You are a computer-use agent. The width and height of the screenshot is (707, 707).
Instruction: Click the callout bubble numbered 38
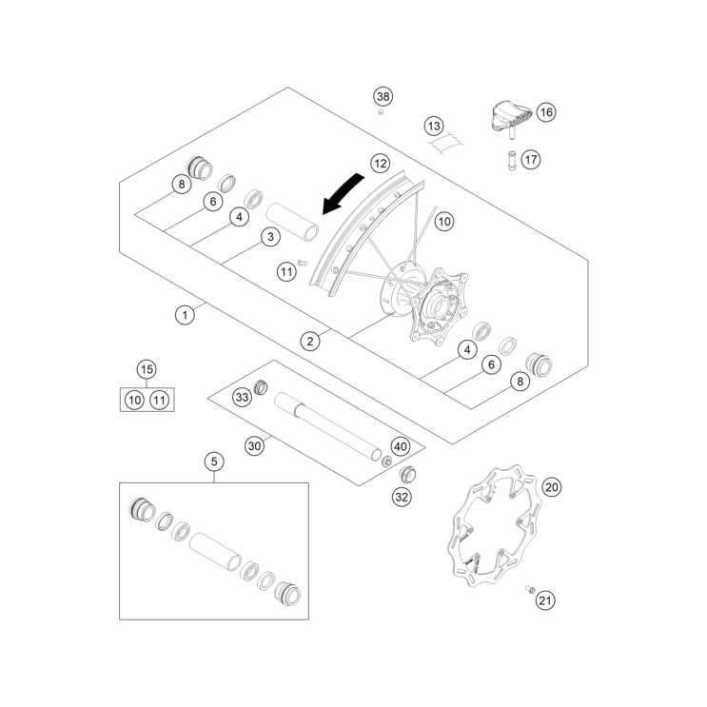tap(383, 96)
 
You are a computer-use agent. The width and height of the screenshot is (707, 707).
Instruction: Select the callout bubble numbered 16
tap(546, 112)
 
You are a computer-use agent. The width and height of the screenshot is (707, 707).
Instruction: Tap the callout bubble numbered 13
tap(434, 126)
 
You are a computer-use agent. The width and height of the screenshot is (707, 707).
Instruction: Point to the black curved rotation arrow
tap(344, 193)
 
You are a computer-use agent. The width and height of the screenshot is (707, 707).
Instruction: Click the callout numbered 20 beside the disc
tap(552, 487)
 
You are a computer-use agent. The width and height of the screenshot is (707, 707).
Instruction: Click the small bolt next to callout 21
tap(530, 589)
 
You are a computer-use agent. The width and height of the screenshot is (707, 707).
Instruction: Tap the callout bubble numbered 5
tap(214, 462)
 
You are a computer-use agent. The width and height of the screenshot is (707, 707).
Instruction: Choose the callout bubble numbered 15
tap(147, 370)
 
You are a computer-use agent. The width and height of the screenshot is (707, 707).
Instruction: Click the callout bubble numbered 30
tap(254, 446)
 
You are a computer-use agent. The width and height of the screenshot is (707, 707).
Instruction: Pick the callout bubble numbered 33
tap(242, 397)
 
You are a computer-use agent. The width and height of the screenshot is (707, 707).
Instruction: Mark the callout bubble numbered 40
tap(401, 447)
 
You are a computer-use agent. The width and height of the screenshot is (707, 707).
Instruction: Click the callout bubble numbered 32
tap(402, 497)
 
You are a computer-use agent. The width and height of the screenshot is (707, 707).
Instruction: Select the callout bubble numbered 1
tap(185, 315)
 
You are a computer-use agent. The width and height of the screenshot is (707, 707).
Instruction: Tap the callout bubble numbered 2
tap(310, 341)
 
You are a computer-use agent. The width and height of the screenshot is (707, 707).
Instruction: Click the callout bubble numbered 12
tap(380, 164)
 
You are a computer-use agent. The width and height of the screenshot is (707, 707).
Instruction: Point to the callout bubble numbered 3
tap(270, 237)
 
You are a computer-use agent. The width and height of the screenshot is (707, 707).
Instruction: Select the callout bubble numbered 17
tap(531, 159)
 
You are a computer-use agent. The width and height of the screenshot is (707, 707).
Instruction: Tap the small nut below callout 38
tap(381, 111)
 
